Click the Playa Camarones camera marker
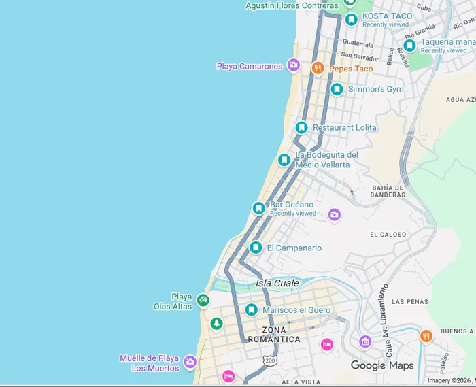tap(293, 65)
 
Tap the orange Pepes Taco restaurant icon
tap(318, 68)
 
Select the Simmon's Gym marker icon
tap(337, 89)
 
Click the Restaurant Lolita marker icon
tap(302, 127)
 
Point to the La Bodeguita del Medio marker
tap(284, 160)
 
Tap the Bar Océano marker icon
tap(258, 208)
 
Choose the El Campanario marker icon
tap(256, 248)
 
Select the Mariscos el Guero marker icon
tap(252, 310)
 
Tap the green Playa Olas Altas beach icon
tap(203, 300)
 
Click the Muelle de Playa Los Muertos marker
tap(190, 363)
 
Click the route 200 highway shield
tap(271, 360)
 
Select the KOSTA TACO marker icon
tap(351, 20)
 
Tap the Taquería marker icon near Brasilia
tap(409, 46)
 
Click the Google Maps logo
tap(381, 365)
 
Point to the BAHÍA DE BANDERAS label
tap(388, 191)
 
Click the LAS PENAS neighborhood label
tap(410, 301)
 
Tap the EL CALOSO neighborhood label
tap(388, 235)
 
